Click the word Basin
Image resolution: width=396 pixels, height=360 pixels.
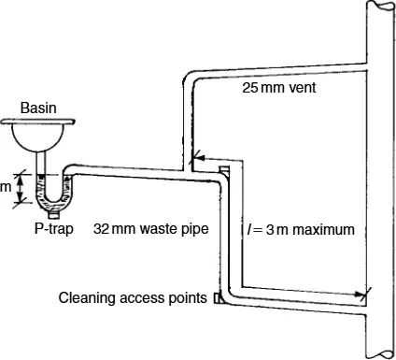38,108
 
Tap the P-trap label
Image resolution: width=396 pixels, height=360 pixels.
54,229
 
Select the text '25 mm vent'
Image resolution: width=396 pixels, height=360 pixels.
279,88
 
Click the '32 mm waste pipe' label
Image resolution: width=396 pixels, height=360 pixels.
151,229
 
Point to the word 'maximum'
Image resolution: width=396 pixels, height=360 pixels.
323,230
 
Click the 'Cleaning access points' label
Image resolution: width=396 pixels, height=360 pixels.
133,298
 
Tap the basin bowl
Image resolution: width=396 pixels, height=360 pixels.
38,137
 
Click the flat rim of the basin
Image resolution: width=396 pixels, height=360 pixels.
37,122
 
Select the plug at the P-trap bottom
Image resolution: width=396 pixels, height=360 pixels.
54,215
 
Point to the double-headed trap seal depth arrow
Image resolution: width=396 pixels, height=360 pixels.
20,188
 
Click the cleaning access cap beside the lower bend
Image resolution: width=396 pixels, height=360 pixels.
218,298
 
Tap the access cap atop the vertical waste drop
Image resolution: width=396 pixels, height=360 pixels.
224,169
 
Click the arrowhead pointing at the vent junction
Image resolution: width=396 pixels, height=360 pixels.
198,158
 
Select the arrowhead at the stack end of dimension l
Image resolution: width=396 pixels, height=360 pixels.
361,294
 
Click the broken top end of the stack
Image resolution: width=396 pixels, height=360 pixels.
380,5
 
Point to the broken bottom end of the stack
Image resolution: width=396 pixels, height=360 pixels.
380,354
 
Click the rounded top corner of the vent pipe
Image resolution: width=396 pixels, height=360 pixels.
189,78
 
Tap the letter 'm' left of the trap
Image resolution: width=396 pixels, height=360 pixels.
6,187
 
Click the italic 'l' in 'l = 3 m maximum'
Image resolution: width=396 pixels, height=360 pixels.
249,230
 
